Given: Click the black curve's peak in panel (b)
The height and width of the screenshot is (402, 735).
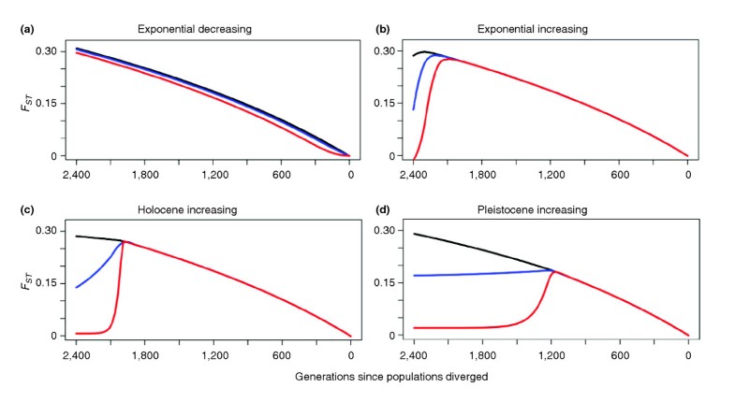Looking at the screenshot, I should pos(425,51).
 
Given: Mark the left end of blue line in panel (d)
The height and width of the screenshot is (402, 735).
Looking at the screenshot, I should pos(414,275).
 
